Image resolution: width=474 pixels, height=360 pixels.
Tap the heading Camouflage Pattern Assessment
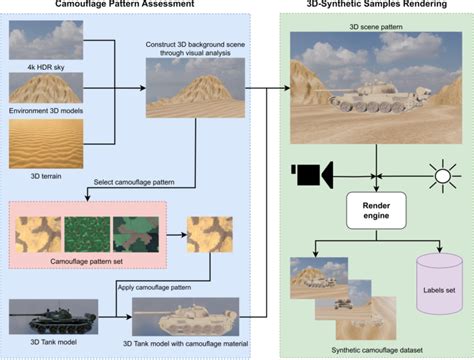click(119, 8)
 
